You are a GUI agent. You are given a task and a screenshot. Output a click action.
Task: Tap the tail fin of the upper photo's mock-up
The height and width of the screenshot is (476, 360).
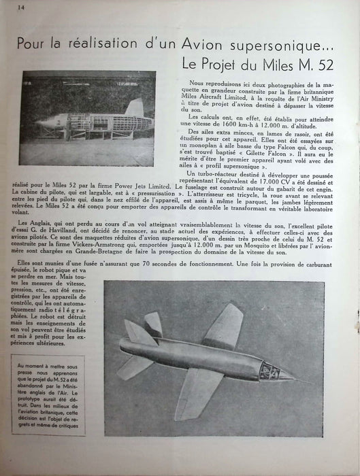point(136,107)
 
